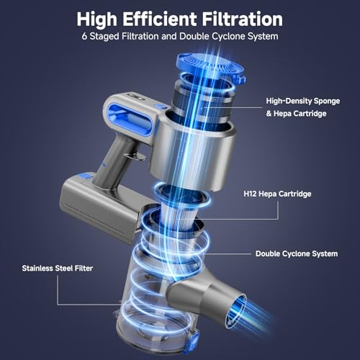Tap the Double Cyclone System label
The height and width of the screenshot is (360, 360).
click(x=296, y=253)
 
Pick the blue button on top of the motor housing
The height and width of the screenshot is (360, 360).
click(x=159, y=106)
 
